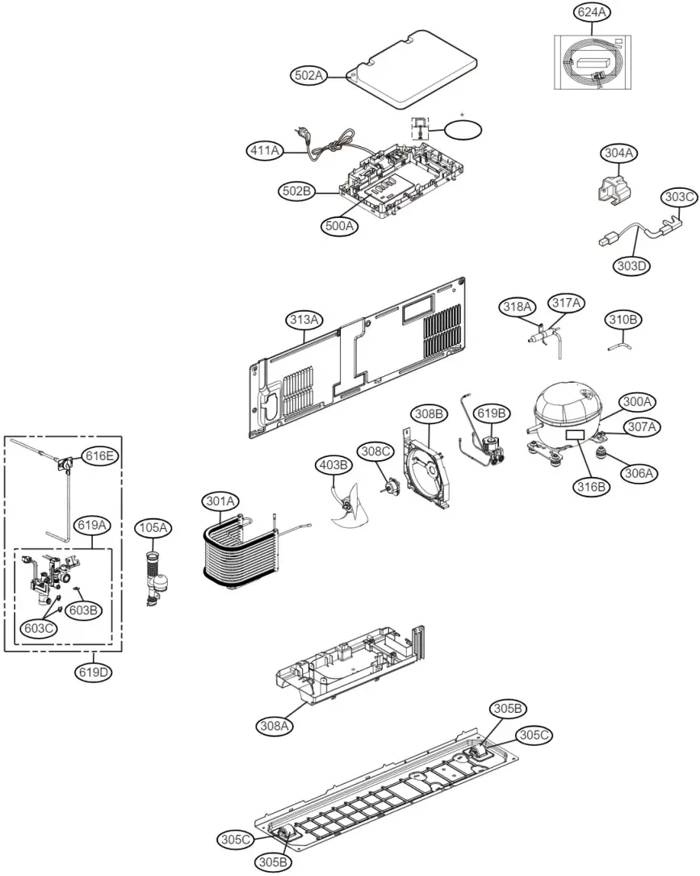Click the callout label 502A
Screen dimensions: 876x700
308,75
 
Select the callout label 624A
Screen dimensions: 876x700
592,13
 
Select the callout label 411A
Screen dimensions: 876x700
266,149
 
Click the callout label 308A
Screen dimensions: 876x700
275,726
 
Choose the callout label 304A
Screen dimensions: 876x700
620,153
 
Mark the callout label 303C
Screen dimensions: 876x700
679,196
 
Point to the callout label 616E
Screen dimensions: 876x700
100,456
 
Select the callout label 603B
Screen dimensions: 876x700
84,610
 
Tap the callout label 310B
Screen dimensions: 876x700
624,321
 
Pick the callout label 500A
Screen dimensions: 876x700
341,226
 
